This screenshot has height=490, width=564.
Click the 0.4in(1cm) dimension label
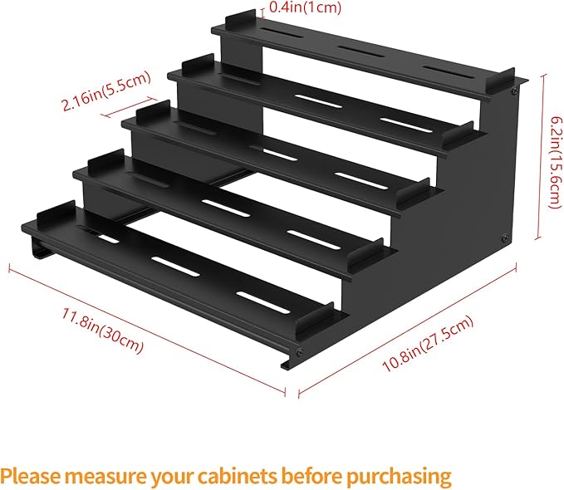point(305,7)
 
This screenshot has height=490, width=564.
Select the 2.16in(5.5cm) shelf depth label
point(105,91)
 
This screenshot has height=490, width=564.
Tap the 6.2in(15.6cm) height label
point(555,162)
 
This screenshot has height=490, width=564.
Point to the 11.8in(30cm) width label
point(102,330)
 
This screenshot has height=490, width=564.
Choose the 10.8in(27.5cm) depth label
point(427,344)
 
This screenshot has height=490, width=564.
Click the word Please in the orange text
point(31,477)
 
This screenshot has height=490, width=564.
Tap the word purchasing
point(399,477)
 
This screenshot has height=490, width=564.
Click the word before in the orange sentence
point(311,476)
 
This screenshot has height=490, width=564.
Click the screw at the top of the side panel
point(514,91)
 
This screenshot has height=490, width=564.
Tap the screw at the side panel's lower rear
point(505,238)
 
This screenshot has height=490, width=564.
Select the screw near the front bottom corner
point(299,353)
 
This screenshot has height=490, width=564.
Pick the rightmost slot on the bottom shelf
point(263,302)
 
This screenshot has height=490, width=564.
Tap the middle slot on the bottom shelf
point(175,267)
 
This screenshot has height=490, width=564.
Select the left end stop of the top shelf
point(240,23)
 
